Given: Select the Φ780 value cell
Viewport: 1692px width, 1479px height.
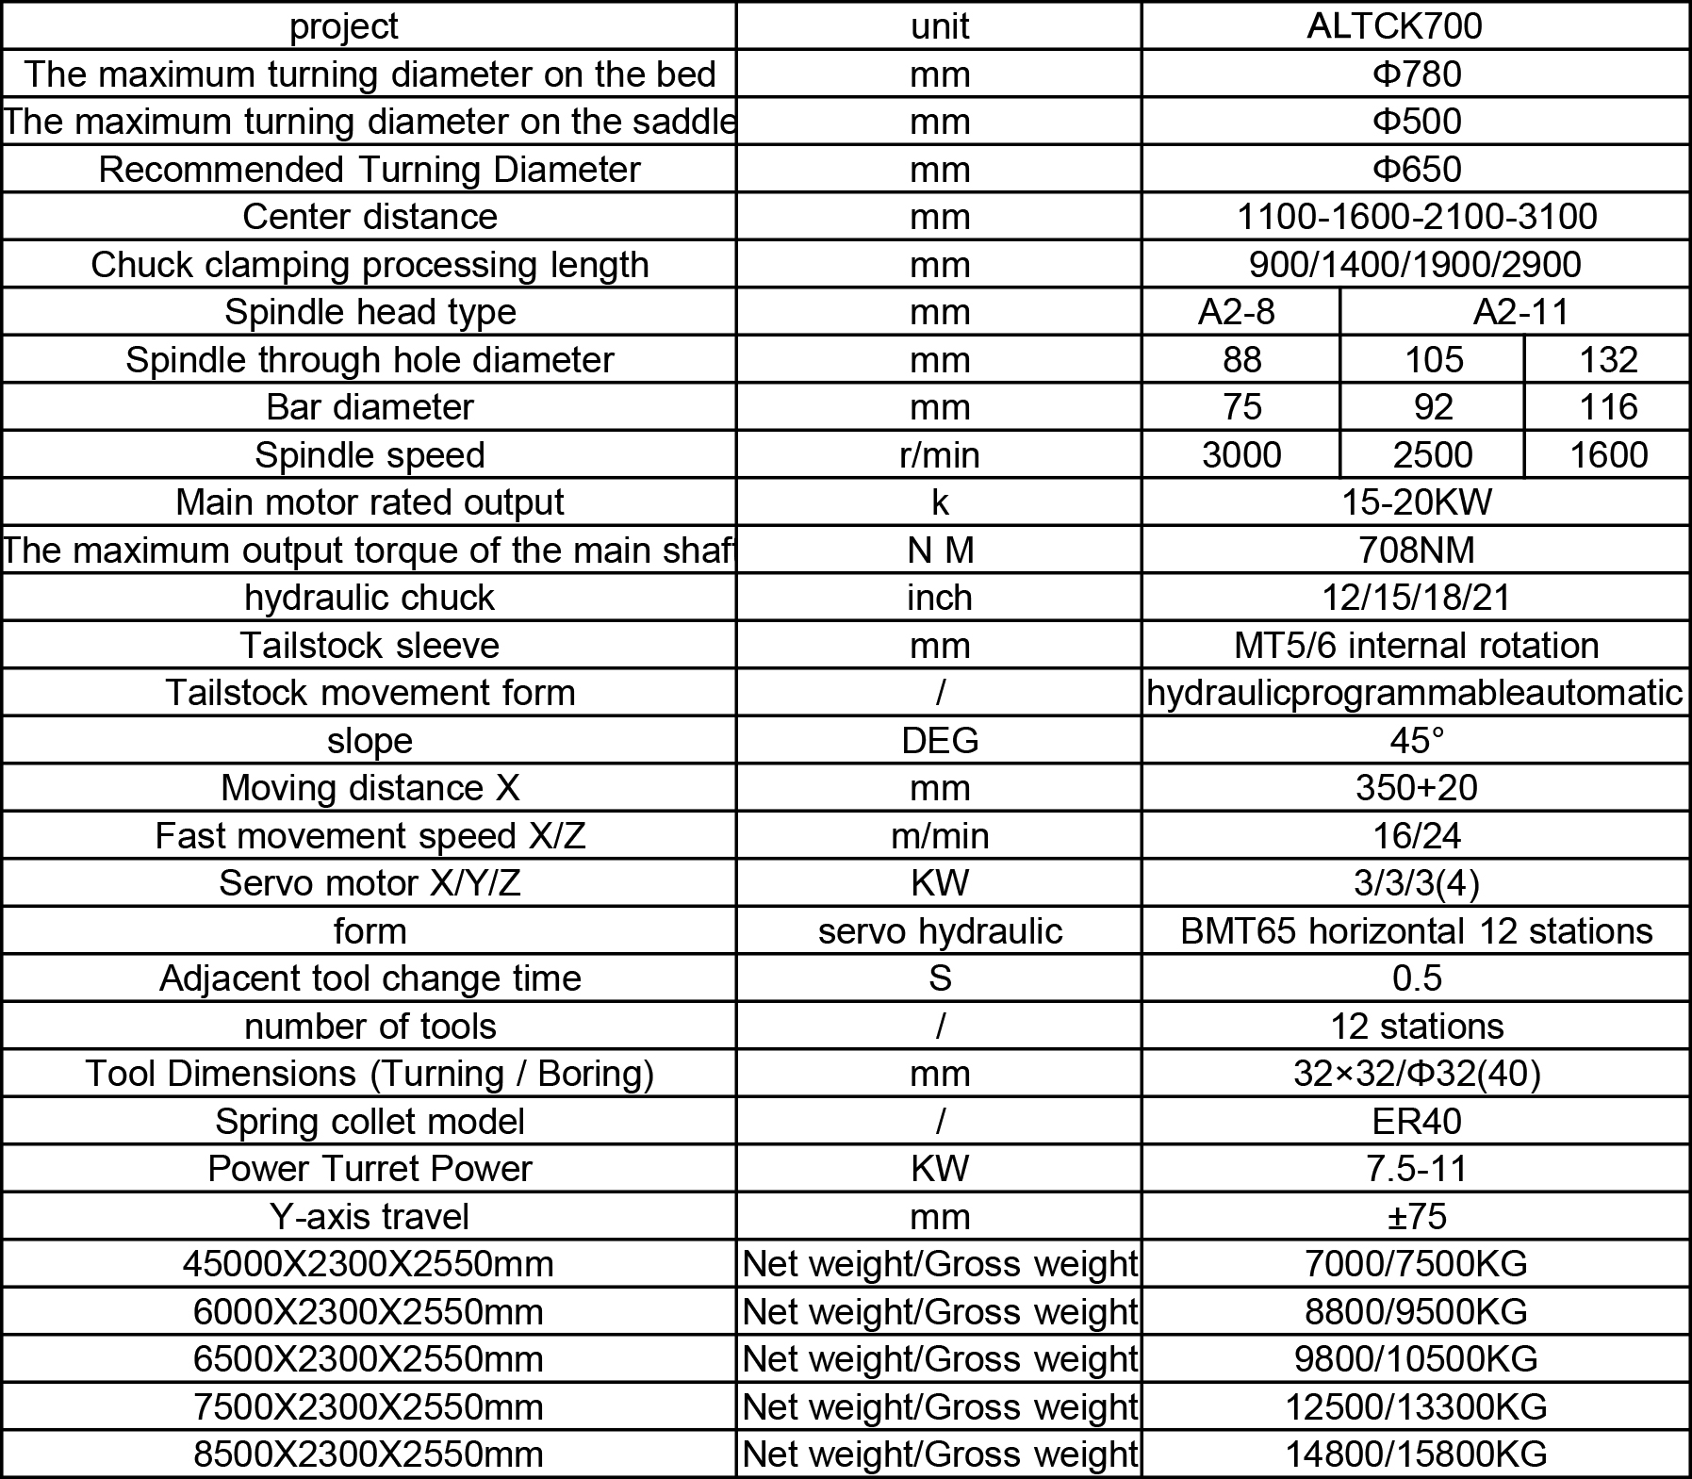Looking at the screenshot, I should point(1416,74).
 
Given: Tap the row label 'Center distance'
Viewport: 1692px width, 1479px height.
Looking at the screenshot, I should point(370,217).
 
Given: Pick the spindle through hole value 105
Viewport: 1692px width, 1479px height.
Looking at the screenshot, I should point(1433,360).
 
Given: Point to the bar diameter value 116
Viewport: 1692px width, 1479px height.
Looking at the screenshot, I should point(1607,407).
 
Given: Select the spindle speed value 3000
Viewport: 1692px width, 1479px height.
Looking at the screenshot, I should point(1240,455).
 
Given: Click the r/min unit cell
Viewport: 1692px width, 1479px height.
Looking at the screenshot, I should point(939,455).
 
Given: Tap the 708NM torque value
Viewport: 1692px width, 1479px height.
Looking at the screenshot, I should point(1416,551).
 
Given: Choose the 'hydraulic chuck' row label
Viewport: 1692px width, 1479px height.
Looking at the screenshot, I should point(370,598).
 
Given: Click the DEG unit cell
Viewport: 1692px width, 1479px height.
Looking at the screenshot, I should point(939,741).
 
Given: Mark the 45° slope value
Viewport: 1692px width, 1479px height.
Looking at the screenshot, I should point(1416,741).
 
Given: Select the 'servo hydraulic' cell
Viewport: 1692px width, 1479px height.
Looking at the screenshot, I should point(939,931).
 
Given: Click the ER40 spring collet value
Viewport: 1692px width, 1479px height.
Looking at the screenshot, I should point(1416,1122).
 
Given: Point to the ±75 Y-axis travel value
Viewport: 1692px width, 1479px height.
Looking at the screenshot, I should point(1416,1217).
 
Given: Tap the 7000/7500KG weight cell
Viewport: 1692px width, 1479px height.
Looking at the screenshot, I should point(1416,1264).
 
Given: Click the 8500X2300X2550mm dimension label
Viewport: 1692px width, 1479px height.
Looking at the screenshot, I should point(370,1454).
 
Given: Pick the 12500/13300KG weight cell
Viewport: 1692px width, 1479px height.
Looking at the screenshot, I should point(1416,1407).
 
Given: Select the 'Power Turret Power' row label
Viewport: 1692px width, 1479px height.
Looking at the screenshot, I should point(370,1169).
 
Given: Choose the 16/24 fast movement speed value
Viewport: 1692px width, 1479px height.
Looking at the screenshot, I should point(1416,836).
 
